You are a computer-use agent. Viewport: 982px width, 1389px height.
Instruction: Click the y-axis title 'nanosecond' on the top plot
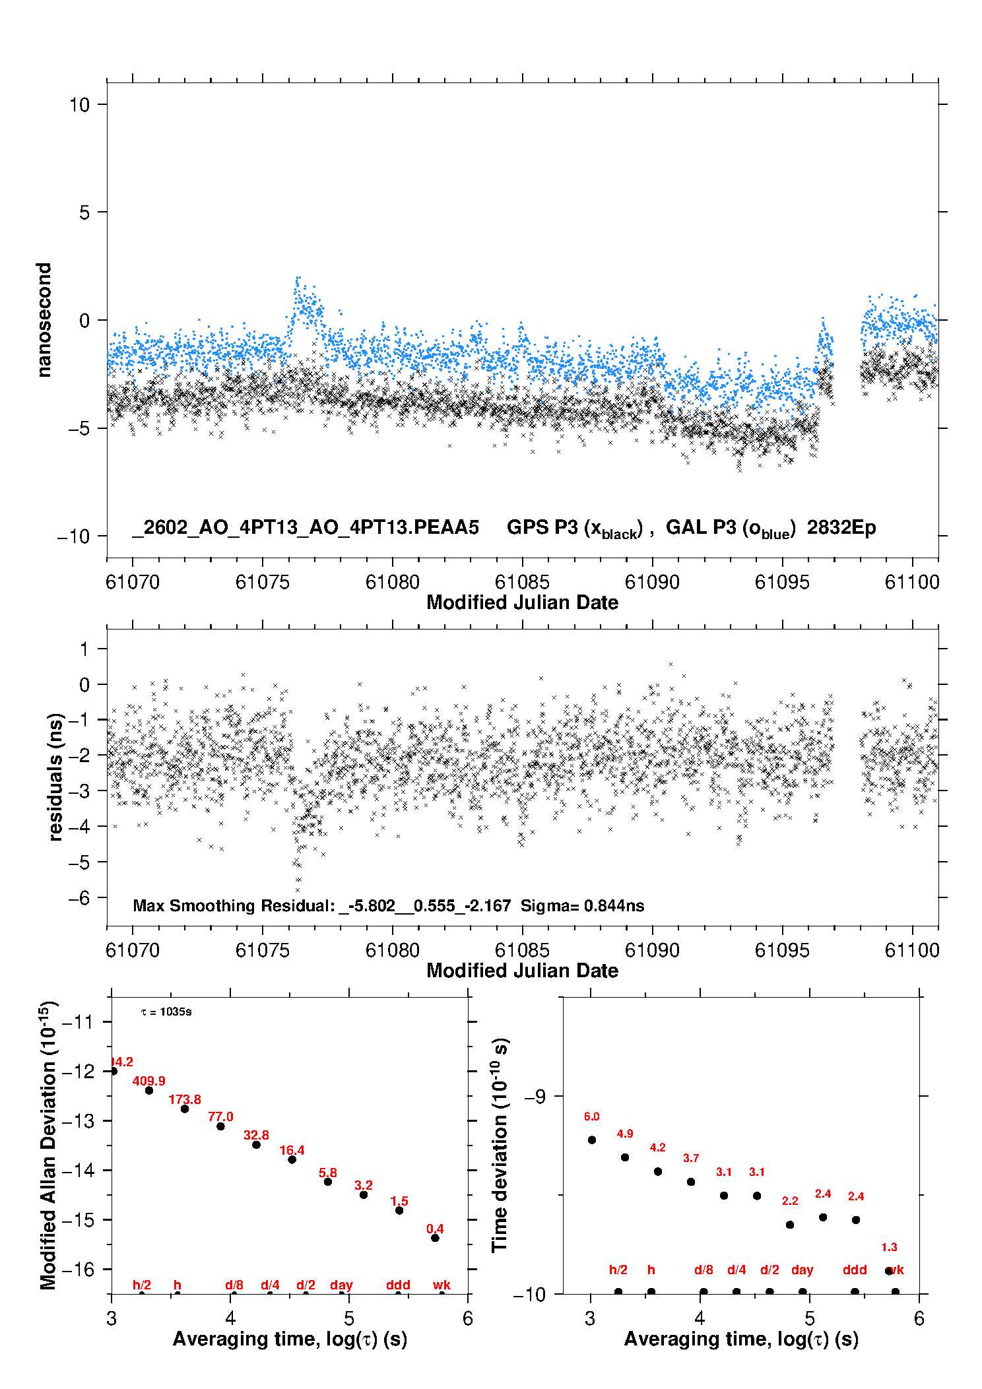tap(44, 320)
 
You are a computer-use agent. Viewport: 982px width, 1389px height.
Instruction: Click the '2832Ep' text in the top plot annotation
tap(841, 528)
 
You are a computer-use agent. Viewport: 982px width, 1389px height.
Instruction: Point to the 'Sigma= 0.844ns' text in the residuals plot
tap(582, 905)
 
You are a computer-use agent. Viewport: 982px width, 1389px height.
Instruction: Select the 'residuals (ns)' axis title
tap(55, 777)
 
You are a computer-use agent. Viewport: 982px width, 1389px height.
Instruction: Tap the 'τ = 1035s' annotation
tap(166, 1012)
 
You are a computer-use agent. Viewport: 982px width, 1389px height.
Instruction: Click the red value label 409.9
tap(148, 1081)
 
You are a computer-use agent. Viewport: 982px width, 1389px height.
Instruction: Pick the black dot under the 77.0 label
tap(220, 1126)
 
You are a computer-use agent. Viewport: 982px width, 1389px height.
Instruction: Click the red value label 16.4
tap(292, 1150)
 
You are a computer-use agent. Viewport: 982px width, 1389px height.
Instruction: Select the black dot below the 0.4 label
tap(435, 1238)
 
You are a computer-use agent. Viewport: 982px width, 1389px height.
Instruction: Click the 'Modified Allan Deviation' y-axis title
tap(48, 1145)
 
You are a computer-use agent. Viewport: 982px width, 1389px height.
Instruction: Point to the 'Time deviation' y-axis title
tap(500, 1145)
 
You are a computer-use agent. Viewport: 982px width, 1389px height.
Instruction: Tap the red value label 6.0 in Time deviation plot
tap(591, 1116)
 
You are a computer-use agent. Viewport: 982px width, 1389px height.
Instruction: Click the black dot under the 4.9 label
tap(625, 1157)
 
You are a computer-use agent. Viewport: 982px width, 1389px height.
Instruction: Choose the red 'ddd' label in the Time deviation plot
tap(855, 1270)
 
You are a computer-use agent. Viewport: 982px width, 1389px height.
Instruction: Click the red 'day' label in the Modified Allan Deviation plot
tap(341, 1285)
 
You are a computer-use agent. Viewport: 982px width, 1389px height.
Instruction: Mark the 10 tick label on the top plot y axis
tap(79, 105)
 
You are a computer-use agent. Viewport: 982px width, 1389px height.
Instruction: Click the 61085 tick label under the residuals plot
tap(522, 950)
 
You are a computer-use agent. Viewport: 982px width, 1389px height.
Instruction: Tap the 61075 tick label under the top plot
tap(263, 582)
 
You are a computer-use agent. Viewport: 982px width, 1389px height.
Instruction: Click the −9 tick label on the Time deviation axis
tap(535, 1096)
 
